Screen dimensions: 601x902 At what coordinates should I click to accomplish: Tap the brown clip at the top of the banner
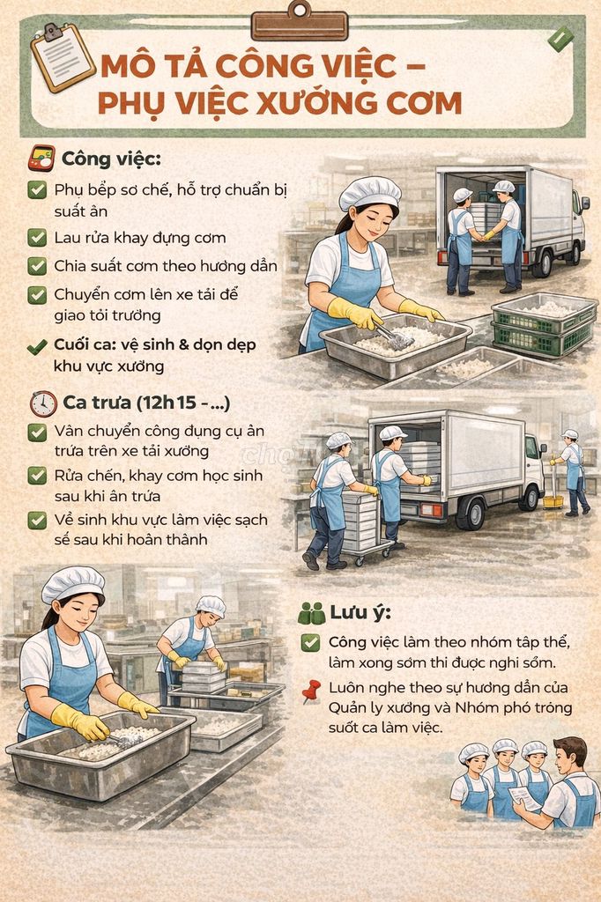pos(300,22)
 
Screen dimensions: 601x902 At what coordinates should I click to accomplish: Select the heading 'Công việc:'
pos(111,159)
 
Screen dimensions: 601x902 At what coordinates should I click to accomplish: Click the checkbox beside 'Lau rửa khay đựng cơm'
pos(37,237)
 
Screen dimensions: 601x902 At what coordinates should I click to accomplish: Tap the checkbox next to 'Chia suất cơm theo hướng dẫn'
pos(37,266)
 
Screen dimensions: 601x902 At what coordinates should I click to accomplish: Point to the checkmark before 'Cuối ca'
pos(37,347)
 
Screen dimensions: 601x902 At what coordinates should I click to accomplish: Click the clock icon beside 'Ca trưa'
pos(43,403)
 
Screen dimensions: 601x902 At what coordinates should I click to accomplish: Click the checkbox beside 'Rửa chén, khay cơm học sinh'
pos(37,476)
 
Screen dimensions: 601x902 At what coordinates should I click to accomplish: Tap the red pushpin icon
pos(311,691)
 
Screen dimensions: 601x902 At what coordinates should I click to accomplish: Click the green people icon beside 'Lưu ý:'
pos(311,613)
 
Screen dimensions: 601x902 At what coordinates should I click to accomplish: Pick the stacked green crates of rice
pos(544,324)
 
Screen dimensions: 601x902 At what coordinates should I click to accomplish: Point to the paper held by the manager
pos(523,798)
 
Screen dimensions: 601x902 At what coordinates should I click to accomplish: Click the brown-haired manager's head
pos(572,754)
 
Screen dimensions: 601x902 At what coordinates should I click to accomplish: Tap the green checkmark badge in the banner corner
pos(560,39)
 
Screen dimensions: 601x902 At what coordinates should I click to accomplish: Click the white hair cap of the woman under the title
pos(369,192)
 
